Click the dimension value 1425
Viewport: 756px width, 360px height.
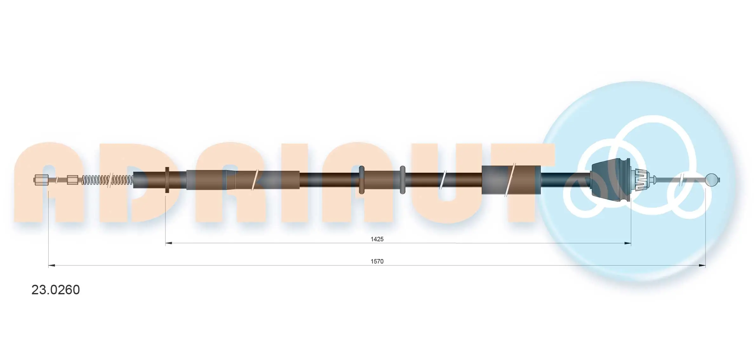click(377, 239)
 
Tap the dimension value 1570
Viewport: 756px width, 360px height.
click(377, 261)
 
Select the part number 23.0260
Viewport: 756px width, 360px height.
click(56, 290)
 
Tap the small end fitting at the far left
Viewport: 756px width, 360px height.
click(41, 180)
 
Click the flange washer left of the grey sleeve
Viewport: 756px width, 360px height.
click(167, 180)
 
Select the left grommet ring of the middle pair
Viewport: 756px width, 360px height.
click(361, 180)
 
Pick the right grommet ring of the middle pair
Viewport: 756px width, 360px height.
click(402, 180)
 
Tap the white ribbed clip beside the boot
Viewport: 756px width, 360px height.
click(639, 180)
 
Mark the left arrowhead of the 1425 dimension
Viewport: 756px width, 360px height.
click(169, 243)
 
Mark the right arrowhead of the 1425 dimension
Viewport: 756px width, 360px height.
click(627, 243)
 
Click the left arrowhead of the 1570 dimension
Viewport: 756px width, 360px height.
click(52, 265)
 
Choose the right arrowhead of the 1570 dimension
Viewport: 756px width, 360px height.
click(702, 265)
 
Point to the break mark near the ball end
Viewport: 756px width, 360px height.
click(681, 180)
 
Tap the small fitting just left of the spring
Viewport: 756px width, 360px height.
click(72, 180)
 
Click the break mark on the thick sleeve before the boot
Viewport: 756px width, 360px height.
click(510, 180)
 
